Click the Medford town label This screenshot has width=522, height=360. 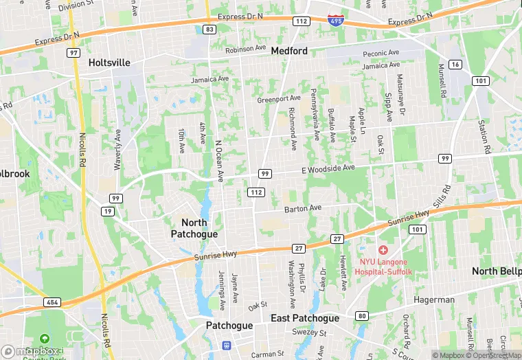(x=289, y=51)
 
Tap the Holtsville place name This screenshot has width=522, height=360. (x=109, y=63)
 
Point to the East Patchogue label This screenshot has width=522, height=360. (x=304, y=319)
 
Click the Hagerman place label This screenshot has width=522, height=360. (x=434, y=300)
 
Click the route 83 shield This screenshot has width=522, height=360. (x=209, y=29)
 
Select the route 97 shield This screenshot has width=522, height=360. (x=73, y=52)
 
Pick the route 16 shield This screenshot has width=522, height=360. (x=455, y=64)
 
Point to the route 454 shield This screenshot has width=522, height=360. (x=52, y=302)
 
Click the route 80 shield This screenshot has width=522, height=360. (x=361, y=315)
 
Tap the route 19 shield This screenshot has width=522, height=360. (x=109, y=211)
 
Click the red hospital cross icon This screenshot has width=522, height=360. (x=383, y=250)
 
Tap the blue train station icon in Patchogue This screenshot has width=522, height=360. (x=225, y=345)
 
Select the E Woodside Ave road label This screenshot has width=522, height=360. (x=328, y=168)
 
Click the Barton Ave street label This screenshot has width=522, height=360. (x=303, y=208)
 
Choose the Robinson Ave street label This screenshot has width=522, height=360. (x=246, y=49)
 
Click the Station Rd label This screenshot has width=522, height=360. (x=484, y=136)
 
